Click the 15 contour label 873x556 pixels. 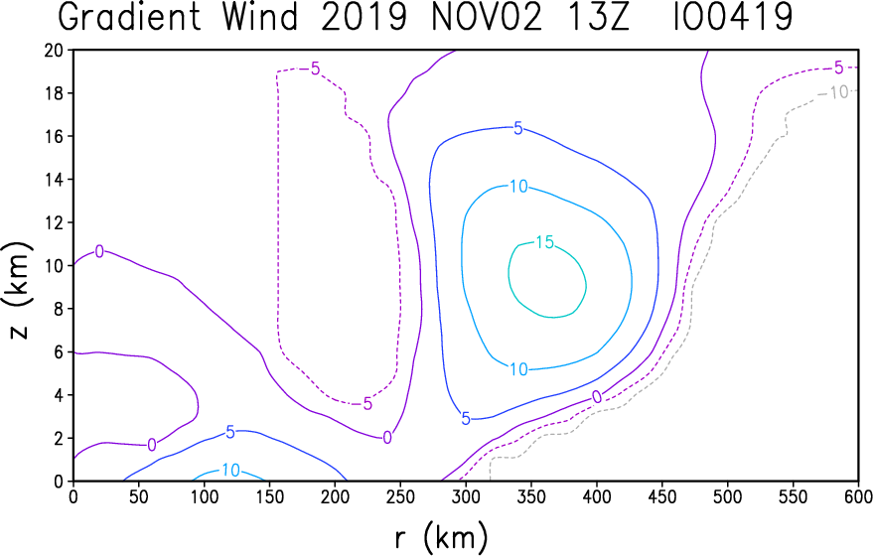[x=545, y=242]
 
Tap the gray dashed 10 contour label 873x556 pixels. [x=839, y=92]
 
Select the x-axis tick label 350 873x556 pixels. [x=531, y=496]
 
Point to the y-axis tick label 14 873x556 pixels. [x=54, y=180]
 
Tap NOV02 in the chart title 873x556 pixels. [x=486, y=17]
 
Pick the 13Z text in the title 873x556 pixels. [x=599, y=17]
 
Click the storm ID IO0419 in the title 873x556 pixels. [x=733, y=17]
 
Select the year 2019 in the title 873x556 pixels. [x=364, y=17]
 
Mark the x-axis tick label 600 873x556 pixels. [x=857, y=496]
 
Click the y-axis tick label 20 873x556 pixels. [x=54, y=50]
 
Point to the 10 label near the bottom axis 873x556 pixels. [x=230, y=471]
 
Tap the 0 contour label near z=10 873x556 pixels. [x=99, y=251]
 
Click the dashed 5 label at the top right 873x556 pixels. [x=838, y=69]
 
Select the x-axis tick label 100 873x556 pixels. [x=205, y=496]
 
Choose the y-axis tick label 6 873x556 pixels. [x=59, y=351]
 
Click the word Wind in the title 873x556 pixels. [x=260, y=17]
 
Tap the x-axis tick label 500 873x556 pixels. [x=727, y=496]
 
